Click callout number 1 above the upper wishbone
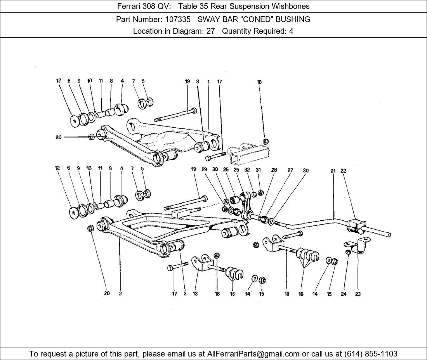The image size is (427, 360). coord(208,81)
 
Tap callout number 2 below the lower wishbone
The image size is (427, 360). coord(120,294)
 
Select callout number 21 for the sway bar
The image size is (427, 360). coord(333,171)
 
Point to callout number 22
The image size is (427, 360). coord(343,171)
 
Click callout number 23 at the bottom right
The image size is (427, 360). coord(358,294)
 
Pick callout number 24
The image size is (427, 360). coord(344,294)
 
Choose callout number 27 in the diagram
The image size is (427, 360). coord(290,170)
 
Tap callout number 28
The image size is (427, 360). coord(274,170)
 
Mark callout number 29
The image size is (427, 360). coord(204,169)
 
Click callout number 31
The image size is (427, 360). coord(258,170)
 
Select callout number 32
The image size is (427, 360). coord(247,170)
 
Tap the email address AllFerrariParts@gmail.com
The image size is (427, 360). coord(253,354)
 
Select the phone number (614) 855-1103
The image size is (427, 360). coord(371,354)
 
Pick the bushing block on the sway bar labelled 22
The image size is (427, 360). coord(356,225)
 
